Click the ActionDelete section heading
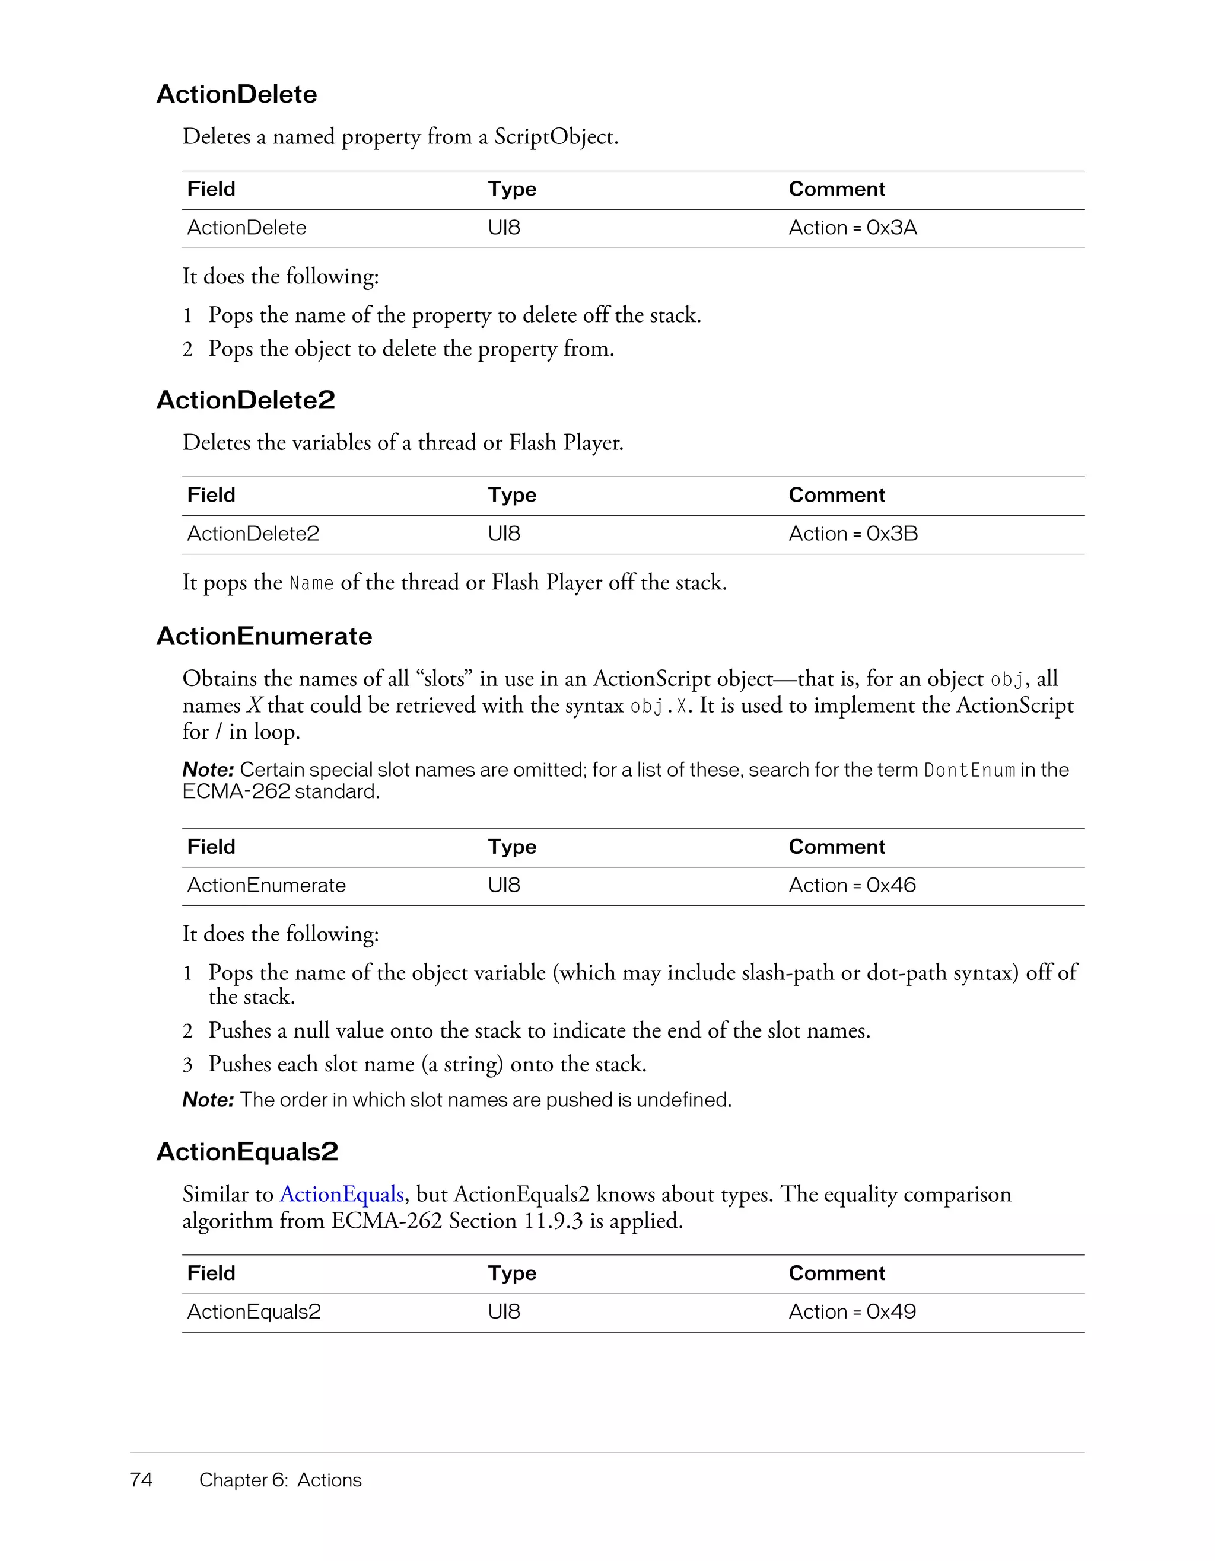(237, 94)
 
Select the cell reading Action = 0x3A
(853, 228)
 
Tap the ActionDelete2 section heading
(245, 400)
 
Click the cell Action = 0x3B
(853, 534)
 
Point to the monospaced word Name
(311, 584)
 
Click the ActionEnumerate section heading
(264, 636)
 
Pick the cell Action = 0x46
(852, 886)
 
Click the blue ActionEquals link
(342, 1195)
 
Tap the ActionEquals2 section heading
(247, 1151)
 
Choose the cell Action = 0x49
(852, 1311)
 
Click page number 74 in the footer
(141, 1480)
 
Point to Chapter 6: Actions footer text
(281, 1480)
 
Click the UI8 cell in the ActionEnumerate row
(504, 886)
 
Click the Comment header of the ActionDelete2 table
(836, 495)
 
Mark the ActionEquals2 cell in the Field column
(254, 1311)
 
